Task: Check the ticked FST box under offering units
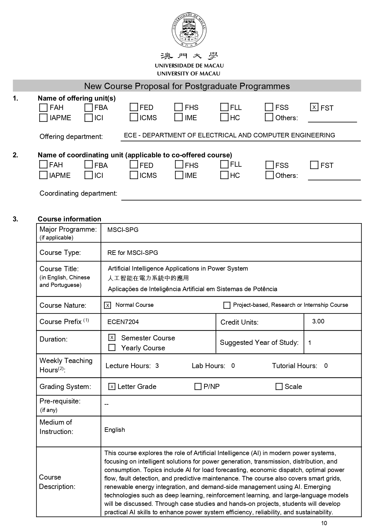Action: coord(314,107)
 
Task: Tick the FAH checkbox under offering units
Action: coord(43,108)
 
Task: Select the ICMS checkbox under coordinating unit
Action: coord(134,175)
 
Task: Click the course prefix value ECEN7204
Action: coord(123,322)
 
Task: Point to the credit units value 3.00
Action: coord(318,321)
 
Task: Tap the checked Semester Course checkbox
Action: coord(112,338)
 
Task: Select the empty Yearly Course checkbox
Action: coord(112,348)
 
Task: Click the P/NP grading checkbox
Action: coord(198,387)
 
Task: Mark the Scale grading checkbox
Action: coord(279,387)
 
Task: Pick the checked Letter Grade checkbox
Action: coord(112,387)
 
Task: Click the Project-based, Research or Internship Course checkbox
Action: coord(227,305)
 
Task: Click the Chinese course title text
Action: coord(148,278)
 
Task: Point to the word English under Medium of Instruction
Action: coord(115,430)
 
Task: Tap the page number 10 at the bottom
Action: coord(324,523)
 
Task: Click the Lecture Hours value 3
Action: coord(157,366)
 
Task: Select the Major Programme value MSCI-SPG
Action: coord(123,230)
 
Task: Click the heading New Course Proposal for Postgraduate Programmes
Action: coord(187,86)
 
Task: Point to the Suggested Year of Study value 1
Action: coord(310,343)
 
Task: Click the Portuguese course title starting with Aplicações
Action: coord(192,289)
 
